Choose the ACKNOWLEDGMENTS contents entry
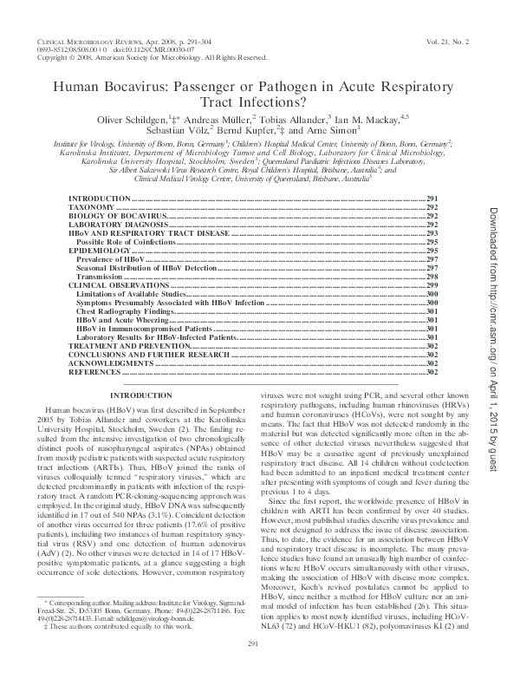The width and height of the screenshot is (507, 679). (x=107, y=363)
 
